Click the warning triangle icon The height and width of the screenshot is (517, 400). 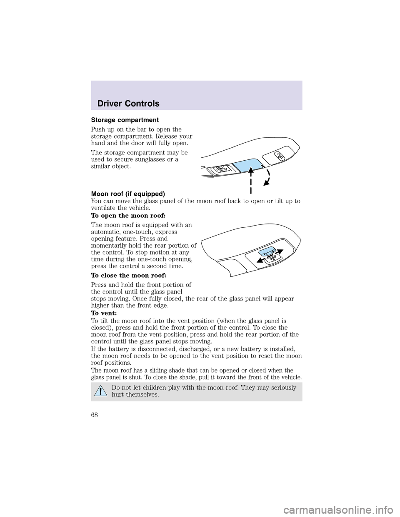click(100, 390)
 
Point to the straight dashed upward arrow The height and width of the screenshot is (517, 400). click(251, 179)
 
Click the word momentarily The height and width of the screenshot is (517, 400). click(110, 246)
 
